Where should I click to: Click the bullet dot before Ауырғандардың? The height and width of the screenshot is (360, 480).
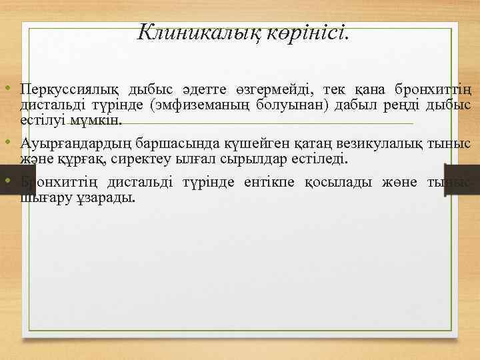pyautogui.click(x=5, y=143)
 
